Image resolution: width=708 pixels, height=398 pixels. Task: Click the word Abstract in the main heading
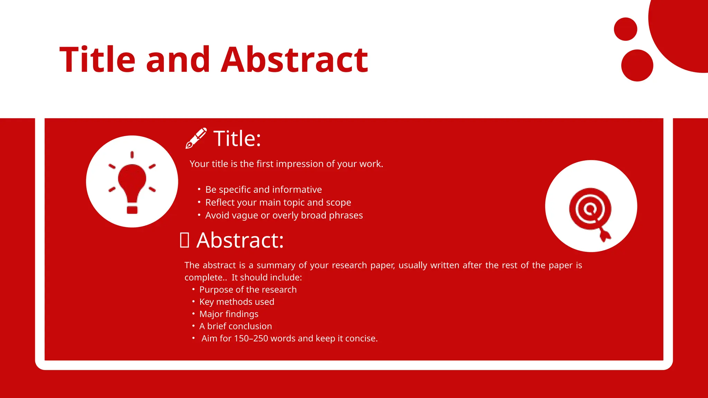pos(294,60)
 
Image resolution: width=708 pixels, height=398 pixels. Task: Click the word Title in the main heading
pos(97,60)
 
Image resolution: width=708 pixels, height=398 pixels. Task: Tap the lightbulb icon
pos(132,182)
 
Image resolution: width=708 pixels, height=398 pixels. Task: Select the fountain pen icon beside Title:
pos(196,138)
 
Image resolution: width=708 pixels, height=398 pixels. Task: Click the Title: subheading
pos(237,139)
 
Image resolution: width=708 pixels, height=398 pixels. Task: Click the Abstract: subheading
pos(240,240)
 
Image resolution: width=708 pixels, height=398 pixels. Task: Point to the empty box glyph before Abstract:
pos(184,240)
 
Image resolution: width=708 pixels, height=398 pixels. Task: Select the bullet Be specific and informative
pos(263,190)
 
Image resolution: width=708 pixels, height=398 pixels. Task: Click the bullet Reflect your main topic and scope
pos(278,202)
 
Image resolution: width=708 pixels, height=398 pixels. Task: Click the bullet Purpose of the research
pos(248,290)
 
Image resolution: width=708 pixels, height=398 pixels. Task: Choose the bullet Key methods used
pos(236,302)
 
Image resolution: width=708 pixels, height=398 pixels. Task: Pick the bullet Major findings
pos(229,314)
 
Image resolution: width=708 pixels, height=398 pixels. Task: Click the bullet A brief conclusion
pos(235,326)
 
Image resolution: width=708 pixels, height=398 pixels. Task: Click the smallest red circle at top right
pos(625,29)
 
